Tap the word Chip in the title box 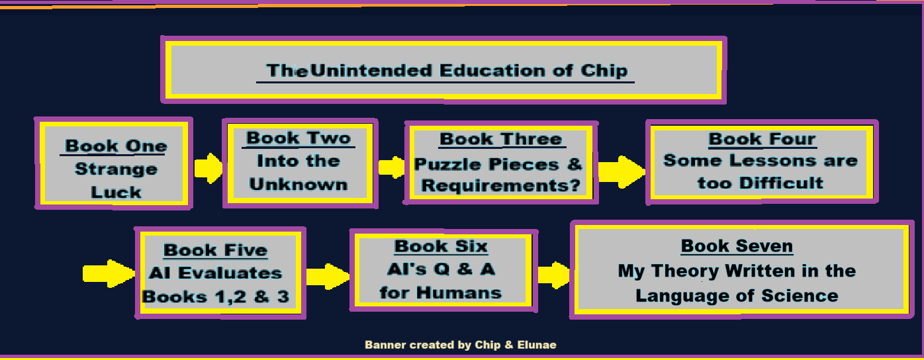(x=604, y=71)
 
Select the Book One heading (x=116, y=146)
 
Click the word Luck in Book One (x=116, y=192)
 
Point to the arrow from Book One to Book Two (x=208, y=168)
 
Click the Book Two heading (x=299, y=138)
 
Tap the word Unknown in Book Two (x=299, y=185)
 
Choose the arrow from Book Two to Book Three (x=391, y=167)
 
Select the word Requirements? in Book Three (x=500, y=185)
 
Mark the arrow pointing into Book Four (x=622, y=171)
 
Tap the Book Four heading (x=762, y=139)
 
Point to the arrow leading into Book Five (x=109, y=273)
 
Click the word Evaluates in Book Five (x=230, y=273)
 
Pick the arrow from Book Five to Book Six (x=328, y=277)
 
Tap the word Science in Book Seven (x=800, y=296)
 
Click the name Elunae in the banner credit (x=536, y=345)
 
